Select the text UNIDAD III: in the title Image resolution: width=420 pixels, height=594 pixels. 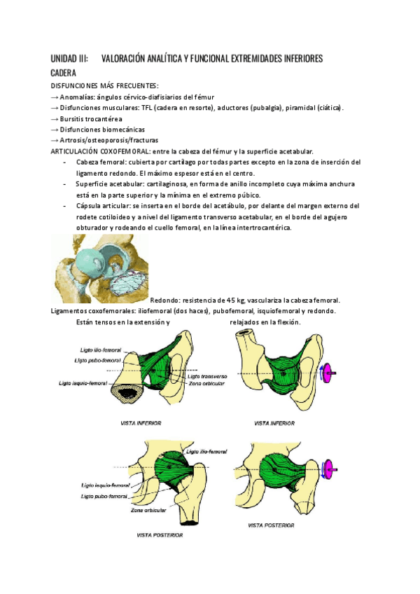click(69, 59)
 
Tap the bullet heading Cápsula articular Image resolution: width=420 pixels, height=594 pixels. click(101, 206)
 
